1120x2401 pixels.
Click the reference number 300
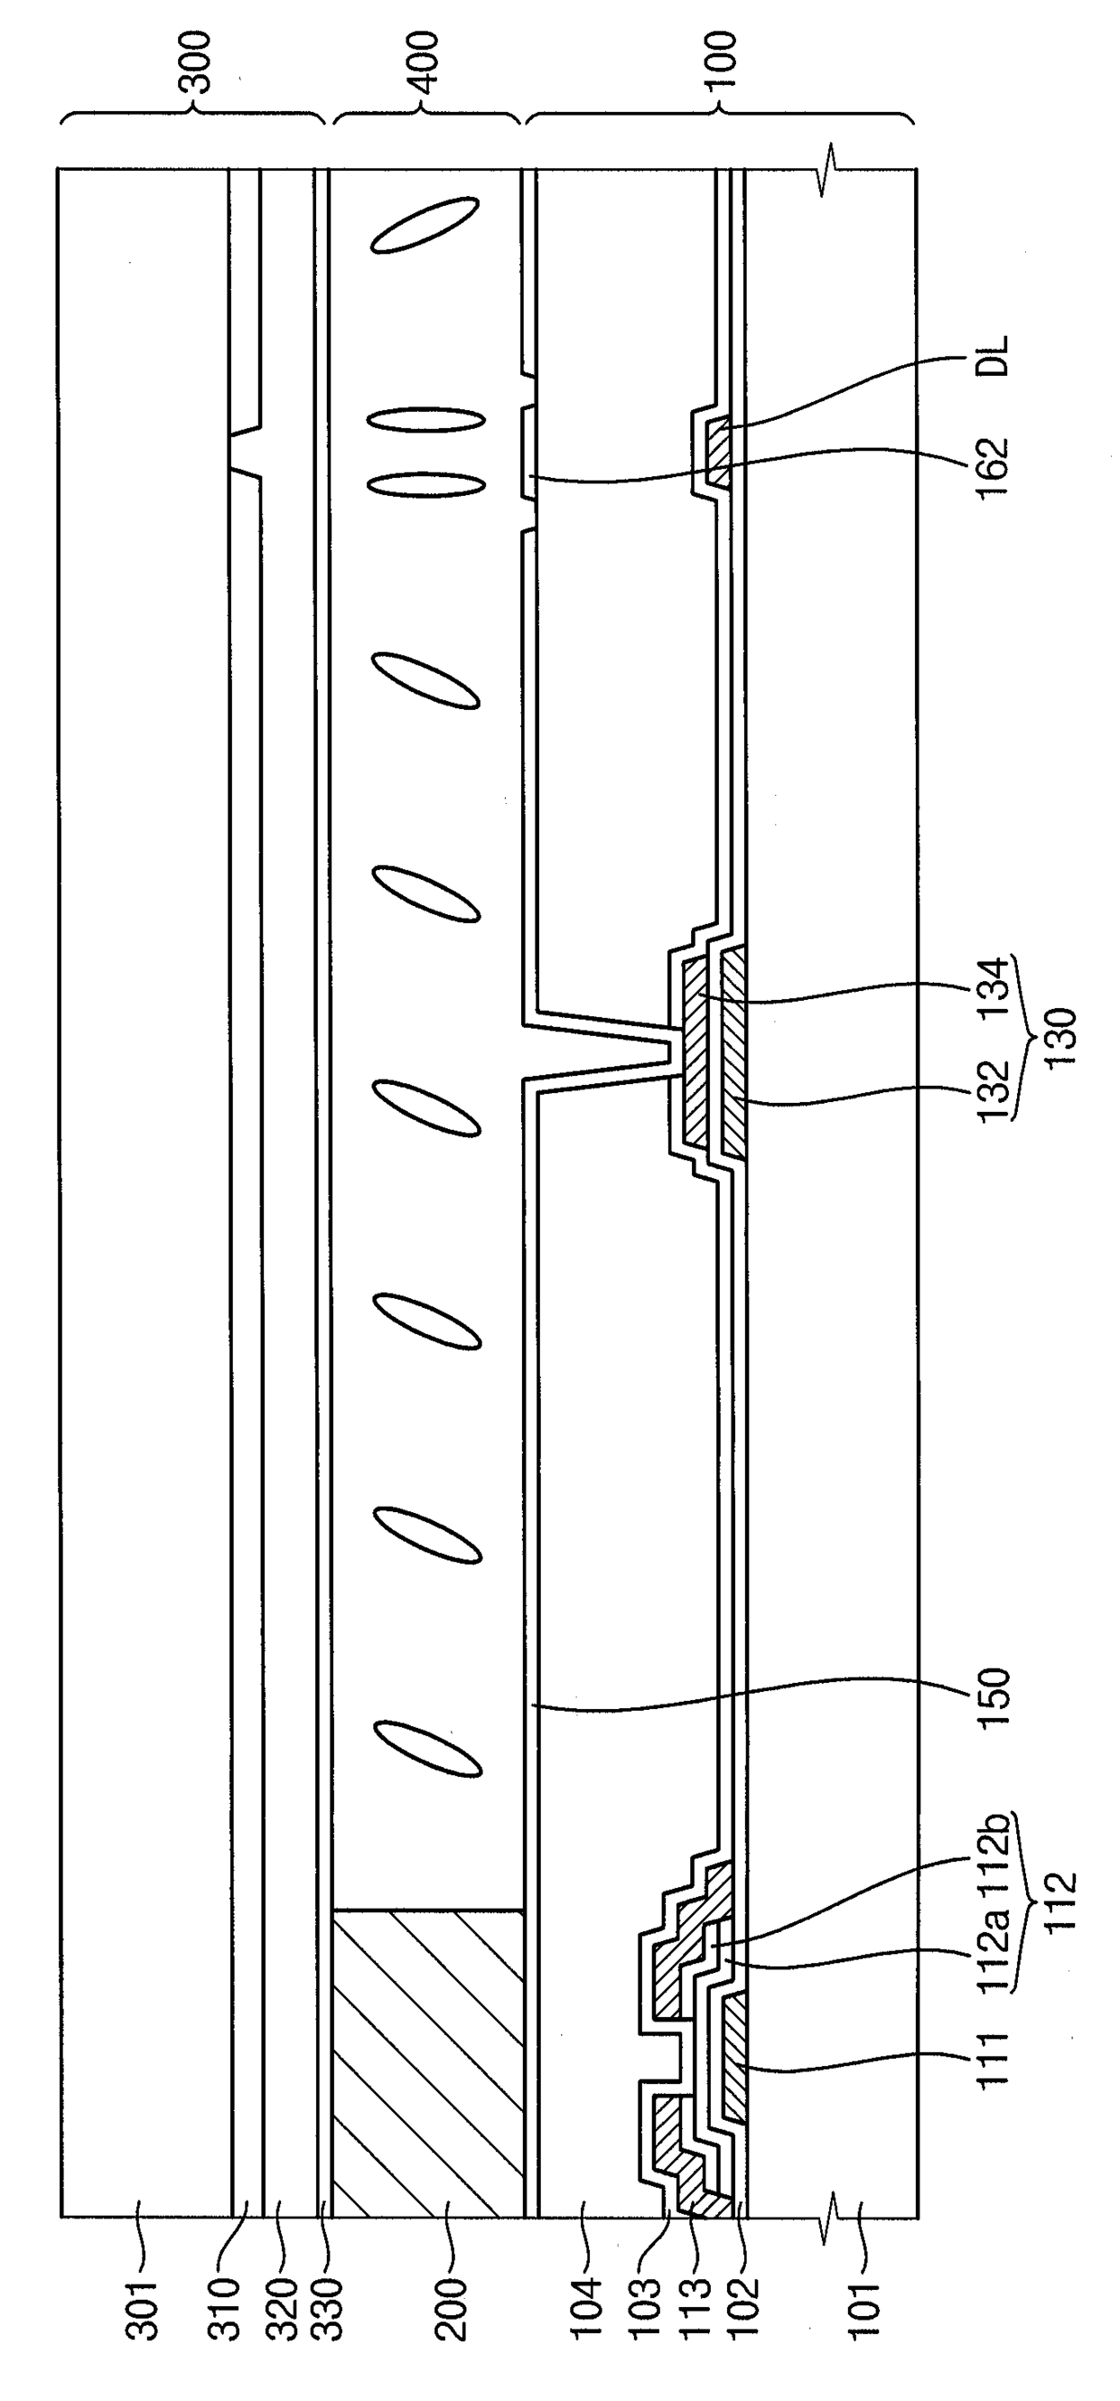tap(199, 62)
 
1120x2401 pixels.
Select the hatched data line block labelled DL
tap(718, 452)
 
